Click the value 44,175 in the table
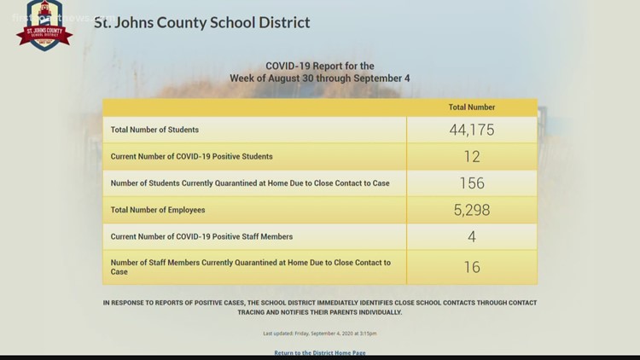tap(472, 130)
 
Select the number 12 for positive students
tap(472, 156)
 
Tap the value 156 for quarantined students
tap(472, 183)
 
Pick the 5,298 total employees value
tap(472, 209)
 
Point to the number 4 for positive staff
tap(472, 236)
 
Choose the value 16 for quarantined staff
tap(472, 267)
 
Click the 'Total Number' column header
tap(472, 107)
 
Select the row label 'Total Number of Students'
tap(154, 130)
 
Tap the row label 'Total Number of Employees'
tap(158, 209)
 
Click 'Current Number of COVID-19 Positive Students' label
tap(192, 156)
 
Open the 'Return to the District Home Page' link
tap(320, 352)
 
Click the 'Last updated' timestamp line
tap(320, 333)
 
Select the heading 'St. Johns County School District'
tap(201, 22)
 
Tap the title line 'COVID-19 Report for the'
tap(320, 66)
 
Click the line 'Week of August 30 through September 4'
tap(320, 78)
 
